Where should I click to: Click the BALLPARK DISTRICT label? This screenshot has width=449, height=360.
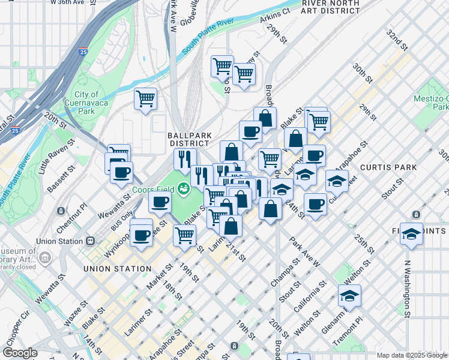tap(188, 139)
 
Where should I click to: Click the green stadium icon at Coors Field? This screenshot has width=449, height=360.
tap(184, 189)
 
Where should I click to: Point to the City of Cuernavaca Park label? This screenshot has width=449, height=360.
tap(88, 103)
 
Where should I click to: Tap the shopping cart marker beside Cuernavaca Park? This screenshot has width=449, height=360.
tap(145, 98)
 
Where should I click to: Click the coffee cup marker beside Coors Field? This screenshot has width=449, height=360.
tap(160, 202)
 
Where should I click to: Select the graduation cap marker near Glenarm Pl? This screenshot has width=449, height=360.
tap(349, 295)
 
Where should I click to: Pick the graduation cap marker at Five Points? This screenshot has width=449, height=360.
tap(411, 235)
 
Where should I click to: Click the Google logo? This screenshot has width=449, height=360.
tap(20, 353)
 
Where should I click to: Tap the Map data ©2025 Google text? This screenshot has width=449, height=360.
tap(404, 355)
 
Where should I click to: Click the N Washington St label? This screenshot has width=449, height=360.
tap(407, 288)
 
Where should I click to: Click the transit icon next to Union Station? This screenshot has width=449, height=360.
tap(90, 241)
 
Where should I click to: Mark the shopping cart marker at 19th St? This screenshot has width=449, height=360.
tap(184, 235)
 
